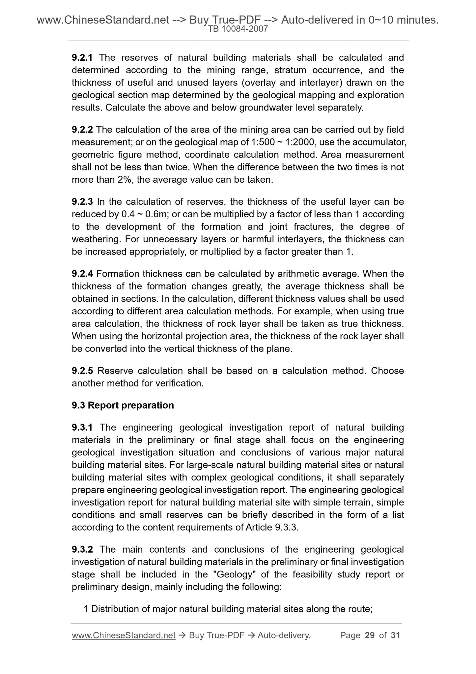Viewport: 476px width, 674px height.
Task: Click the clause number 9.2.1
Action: pyautogui.click(x=82, y=58)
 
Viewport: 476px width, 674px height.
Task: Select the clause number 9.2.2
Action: pyautogui.click(x=82, y=130)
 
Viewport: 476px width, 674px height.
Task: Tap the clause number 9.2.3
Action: pyautogui.click(x=82, y=201)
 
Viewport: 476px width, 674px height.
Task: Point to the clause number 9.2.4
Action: pyautogui.click(x=82, y=274)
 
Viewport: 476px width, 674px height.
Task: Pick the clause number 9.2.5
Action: pyautogui.click(x=82, y=371)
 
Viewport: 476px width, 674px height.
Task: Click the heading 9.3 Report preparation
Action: pyautogui.click(x=123, y=405)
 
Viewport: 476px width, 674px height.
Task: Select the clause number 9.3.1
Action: pyautogui.click(x=82, y=427)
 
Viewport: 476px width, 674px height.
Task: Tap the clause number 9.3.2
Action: pyautogui.click(x=82, y=549)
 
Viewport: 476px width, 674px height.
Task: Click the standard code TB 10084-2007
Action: pyautogui.click(x=238, y=29)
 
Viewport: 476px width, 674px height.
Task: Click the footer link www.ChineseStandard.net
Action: pyautogui.click(x=123, y=635)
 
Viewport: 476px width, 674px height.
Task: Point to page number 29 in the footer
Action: pyautogui.click(x=370, y=635)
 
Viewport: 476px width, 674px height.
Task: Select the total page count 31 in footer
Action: pyautogui.click(x=395, y=635)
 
